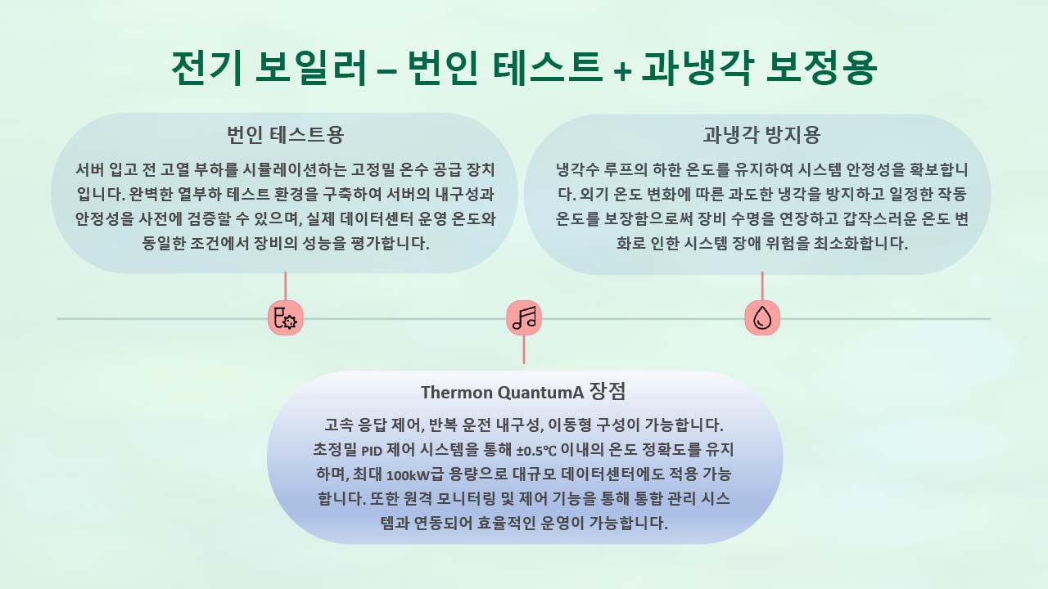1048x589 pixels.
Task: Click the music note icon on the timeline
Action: coord(524,318)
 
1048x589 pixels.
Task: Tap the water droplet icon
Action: coord(762,318)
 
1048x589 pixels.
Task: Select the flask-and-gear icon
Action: coord(286,318)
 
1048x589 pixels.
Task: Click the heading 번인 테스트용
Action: coord(286,135)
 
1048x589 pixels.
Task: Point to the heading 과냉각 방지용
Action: coord(761,135)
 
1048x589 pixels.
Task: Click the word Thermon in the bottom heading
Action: coord(456,392)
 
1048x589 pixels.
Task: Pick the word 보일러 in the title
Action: coord(310,68)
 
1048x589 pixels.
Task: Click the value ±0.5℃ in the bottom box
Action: coord(536,451)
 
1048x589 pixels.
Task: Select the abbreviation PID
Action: coord(372,451)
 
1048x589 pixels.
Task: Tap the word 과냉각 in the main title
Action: coord(698,68)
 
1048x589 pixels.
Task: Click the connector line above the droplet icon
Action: coord(762,286)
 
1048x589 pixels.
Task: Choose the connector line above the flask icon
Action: coord(286,286)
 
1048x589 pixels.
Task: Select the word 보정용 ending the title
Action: coord(821,68)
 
